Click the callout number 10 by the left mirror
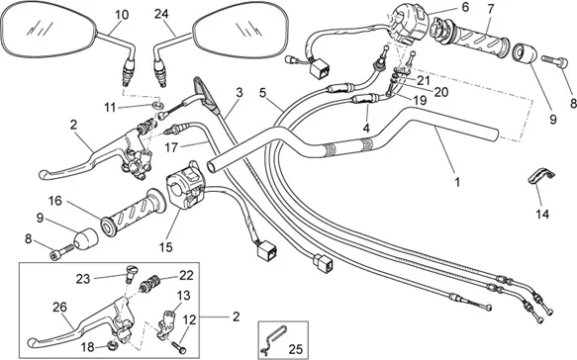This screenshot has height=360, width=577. tap(122, 15)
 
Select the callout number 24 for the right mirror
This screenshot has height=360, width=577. tap(161, 14)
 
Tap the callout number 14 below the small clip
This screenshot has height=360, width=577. tap(542, 214)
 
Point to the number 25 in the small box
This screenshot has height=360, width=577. tap(296, 349)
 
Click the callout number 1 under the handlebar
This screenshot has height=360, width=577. tap(457, 182)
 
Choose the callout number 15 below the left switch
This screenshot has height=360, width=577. tap(166, 247)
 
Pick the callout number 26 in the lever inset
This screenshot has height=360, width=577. tap(59, 307)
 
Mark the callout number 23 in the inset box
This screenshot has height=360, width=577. tap(83, 279)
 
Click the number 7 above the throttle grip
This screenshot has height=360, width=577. tap(491, 9)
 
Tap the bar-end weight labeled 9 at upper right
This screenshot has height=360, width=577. tap(525, 53)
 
